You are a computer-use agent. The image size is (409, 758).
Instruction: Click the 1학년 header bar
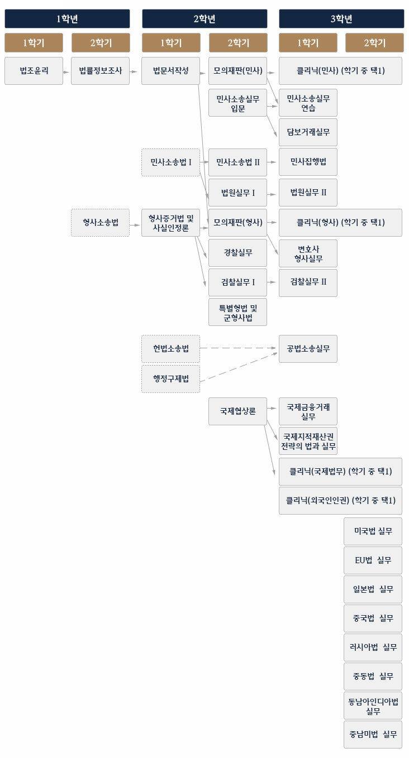point(67,18)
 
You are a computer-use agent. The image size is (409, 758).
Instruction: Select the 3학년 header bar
point(341,18)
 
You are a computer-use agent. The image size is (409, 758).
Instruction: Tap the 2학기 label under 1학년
point(101,43)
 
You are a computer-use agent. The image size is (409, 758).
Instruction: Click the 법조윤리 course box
point(34,71)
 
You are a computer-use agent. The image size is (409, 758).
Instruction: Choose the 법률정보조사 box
point(100,71)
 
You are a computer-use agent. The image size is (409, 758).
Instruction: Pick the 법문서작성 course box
point(170,71)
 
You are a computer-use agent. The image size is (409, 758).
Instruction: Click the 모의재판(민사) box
point(237,71)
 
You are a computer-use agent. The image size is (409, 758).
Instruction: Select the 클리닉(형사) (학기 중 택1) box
point(340,223)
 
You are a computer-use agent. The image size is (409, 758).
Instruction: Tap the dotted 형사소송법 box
point(100,223)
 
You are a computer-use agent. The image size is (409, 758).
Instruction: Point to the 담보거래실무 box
point(308,132)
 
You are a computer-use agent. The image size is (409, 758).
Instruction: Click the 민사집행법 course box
point(308,162)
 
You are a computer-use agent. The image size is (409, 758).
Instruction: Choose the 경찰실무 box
point(237,252)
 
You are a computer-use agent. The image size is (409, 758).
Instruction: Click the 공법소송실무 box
point(308,349)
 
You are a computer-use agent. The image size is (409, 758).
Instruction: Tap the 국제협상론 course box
point(237,411)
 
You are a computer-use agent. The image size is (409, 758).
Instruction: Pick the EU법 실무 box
point(373,560)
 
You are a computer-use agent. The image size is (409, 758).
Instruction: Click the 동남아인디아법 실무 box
point(373,706)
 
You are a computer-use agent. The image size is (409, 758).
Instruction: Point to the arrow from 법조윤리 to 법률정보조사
point(67,71)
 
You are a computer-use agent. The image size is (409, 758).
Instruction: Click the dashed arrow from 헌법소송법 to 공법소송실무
point(239,348)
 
